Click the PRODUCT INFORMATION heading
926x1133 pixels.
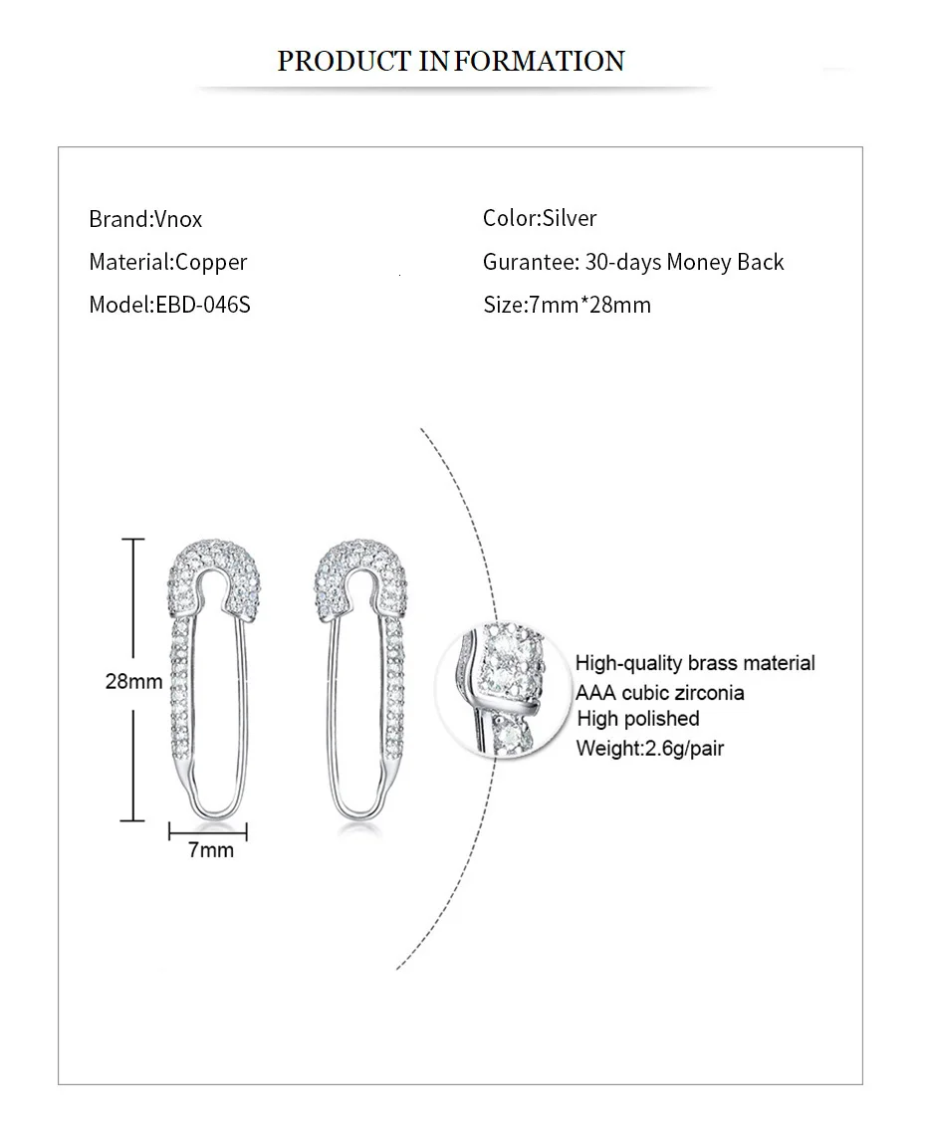pyautogui.click(x=450, y=61)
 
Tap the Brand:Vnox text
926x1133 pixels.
pyautogui.click(x=145, y=219)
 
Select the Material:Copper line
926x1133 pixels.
pyautogui.click(x=167, y=262)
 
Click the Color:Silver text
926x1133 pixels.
pyautogui.click(x=540, y=218)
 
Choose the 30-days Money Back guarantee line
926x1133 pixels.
pyautogui.click(x=633, y=262)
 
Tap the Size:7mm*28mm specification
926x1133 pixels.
pyautogui.click(x=567, y=305)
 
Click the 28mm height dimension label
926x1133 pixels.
pyautogui.click(x=133, y=682)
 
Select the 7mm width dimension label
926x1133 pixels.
pyautogui.click(x=210, y=849)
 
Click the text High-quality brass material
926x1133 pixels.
pyautogui.click(x=695, y=663)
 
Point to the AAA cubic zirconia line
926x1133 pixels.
pyautogui.click(x=659, y=692)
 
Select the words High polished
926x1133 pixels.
pyautogui.click(x=637, y=719)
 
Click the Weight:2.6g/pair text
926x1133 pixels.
pyautogui.click(x=649, y=747)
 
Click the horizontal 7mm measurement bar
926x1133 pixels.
pyautogui.click(x=208, y=830)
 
